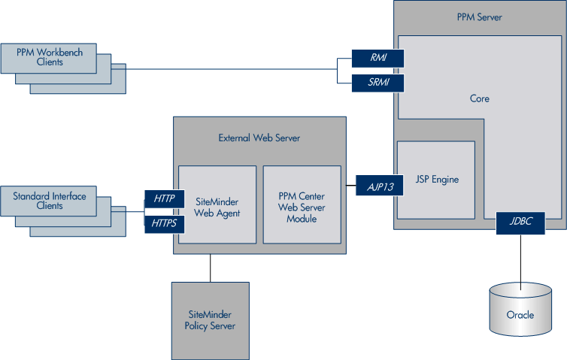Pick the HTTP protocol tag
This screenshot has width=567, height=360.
tap(163, 199)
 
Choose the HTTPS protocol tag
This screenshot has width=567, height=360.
tap(163, 223)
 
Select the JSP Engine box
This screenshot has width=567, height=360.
tap(435, 180)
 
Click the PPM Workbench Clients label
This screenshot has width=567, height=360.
tap(50, 57)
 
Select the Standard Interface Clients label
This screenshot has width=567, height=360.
tap(50, 201)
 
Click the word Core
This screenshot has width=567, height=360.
tap(479, 98)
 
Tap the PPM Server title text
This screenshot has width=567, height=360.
tap(479, 17)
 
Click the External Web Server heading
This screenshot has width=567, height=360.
tap(259, 138)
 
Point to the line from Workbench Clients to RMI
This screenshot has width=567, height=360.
tap(226, 69)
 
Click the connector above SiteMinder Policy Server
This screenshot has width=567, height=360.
tap(210, 268)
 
